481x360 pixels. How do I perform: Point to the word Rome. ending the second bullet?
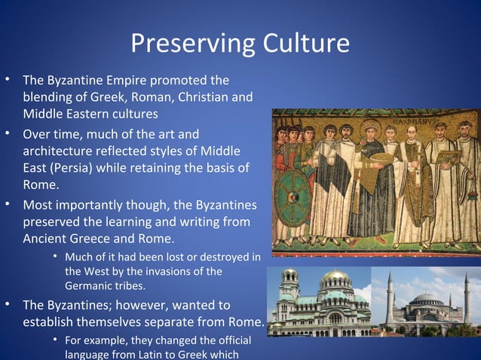point(41,185)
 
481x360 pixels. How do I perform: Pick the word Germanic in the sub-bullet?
point(91,285)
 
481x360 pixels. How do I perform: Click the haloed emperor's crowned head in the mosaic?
point(370,128)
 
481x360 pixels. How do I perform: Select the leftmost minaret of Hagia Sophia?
point(390,297)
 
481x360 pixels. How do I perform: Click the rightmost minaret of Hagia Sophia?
point(467,297)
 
